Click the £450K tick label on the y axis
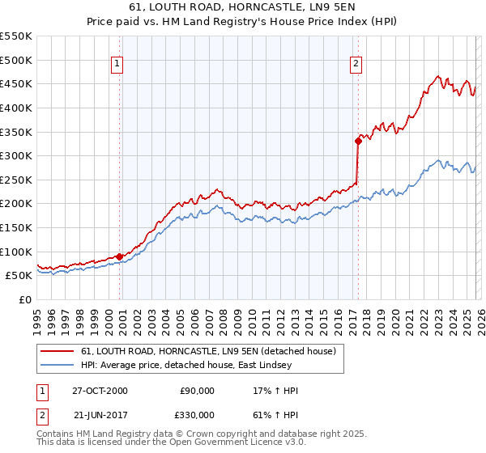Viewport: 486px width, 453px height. click(16, 83)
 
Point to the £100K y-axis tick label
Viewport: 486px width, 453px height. click(16, 252)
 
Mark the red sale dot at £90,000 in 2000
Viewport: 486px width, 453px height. click(120, 256)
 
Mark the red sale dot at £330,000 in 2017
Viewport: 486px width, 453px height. click(357, 141)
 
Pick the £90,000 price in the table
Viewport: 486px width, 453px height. click(196, 390)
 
